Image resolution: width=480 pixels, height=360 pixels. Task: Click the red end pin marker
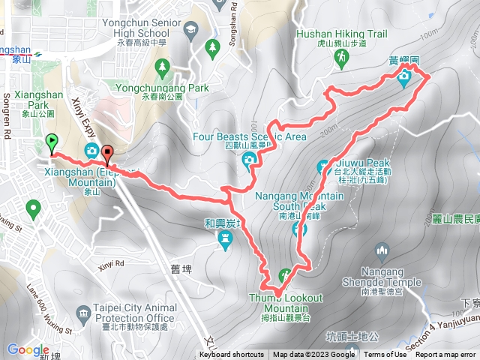click(107, 154)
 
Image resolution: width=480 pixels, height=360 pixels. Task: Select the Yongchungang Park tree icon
click(162, 68)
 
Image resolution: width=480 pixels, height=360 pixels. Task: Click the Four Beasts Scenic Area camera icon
click(249, 158)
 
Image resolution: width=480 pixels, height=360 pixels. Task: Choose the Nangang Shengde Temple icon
click(382, 250)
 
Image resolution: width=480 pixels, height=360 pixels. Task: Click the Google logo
click(28, 349)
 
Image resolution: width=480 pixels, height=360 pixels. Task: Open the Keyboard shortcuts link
click(231, 355)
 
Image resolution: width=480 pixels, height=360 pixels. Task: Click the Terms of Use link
click(385, 355)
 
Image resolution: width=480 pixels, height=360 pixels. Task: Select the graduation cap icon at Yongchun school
click(190, 29)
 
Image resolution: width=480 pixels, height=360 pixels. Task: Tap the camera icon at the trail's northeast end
click(405, 77)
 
